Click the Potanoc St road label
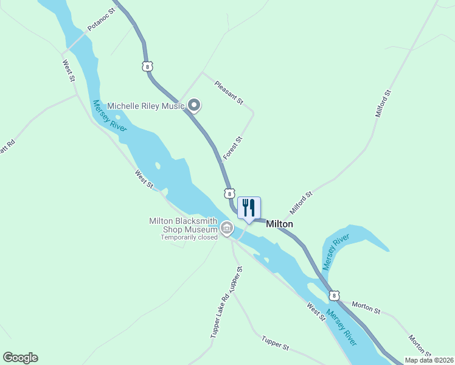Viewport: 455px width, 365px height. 102,20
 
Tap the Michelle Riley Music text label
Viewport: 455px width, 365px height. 146,106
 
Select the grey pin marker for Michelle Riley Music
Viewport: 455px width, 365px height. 194,106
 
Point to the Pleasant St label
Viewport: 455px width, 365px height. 229,91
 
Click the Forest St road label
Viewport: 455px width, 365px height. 233,148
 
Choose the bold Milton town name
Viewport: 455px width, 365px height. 280,224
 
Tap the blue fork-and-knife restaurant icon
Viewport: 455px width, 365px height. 248,207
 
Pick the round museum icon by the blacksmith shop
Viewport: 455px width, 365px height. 227,229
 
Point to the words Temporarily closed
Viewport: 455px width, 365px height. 189,237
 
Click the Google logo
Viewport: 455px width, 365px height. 20,358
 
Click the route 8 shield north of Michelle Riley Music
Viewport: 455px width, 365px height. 147,66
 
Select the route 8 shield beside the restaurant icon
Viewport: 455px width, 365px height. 229,193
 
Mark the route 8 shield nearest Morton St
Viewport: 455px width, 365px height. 334,295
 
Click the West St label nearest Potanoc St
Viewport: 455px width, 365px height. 68,70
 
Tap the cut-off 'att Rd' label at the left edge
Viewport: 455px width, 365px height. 7,147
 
